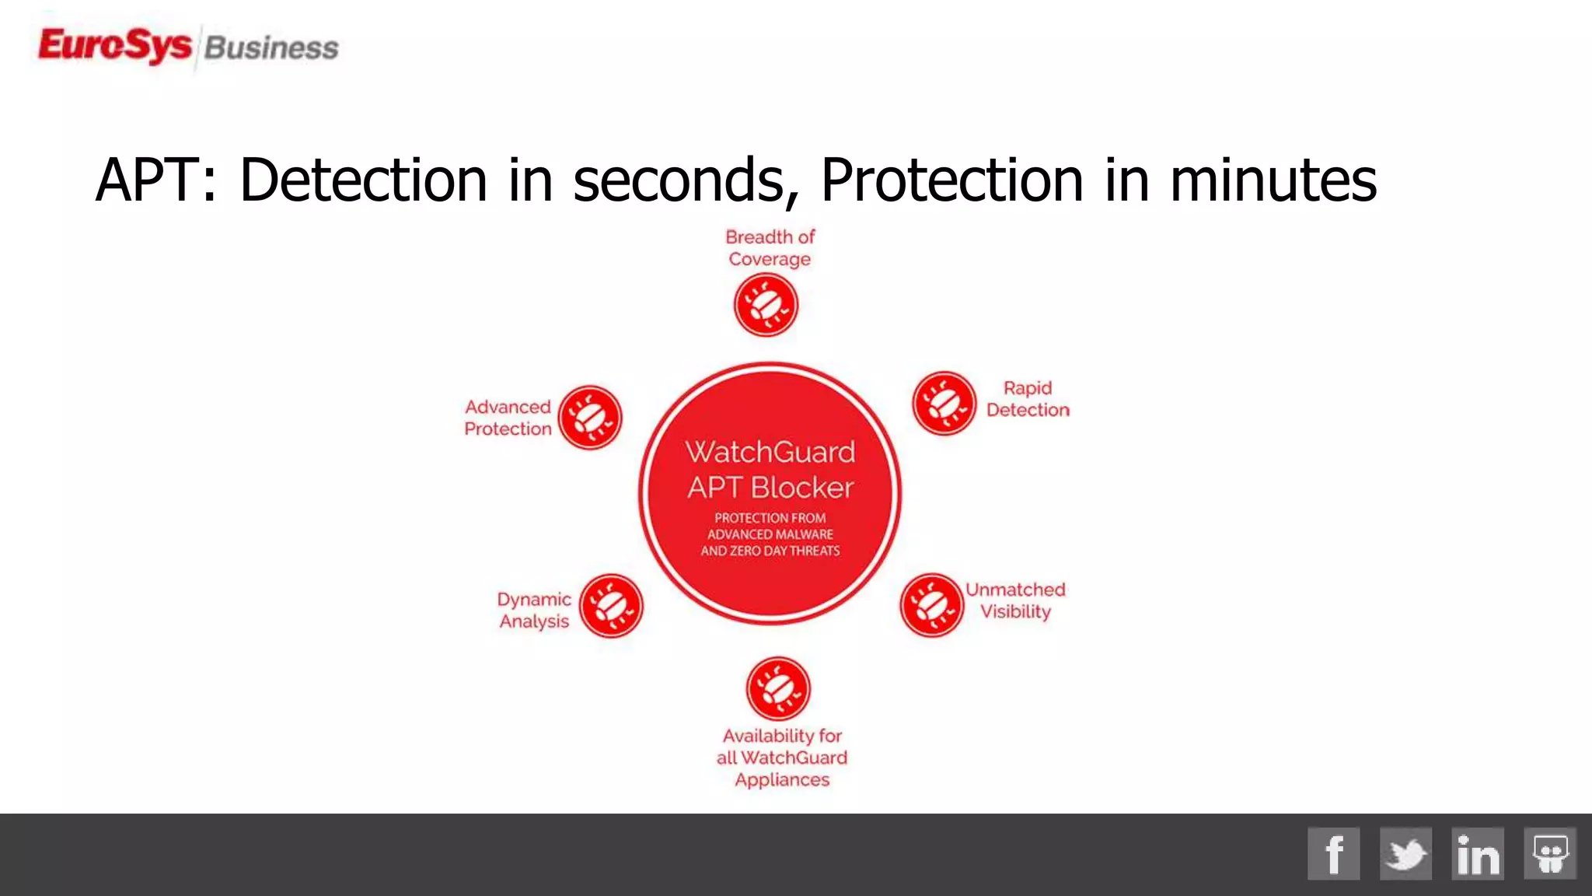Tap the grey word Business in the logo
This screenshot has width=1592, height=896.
tap(271, 48)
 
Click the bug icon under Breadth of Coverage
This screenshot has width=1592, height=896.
tap(766, 305)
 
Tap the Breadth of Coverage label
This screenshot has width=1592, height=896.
tap(770, 247)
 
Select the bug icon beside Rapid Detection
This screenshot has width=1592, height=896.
tap(944, 403)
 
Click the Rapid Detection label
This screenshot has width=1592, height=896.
tap(1028, 399)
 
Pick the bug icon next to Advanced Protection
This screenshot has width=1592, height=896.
tap(590, 418)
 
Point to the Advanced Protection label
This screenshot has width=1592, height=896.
tap(508, 418)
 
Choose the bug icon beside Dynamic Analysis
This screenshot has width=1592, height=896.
tap(611, 606)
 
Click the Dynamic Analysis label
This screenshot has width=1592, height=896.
tap(534, 610)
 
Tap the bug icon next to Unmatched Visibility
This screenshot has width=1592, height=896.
tap(931, 605)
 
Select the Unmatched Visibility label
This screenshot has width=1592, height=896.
tap(1015, 600)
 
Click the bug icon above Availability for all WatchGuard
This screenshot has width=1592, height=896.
tap(778, 688)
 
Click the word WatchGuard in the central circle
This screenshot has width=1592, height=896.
tap(770, 452)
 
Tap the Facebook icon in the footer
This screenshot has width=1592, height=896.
tap(1333, 853)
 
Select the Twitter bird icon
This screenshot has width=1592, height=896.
tap(1405, 853)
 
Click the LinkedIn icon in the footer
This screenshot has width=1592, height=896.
tap(1477, 853)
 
